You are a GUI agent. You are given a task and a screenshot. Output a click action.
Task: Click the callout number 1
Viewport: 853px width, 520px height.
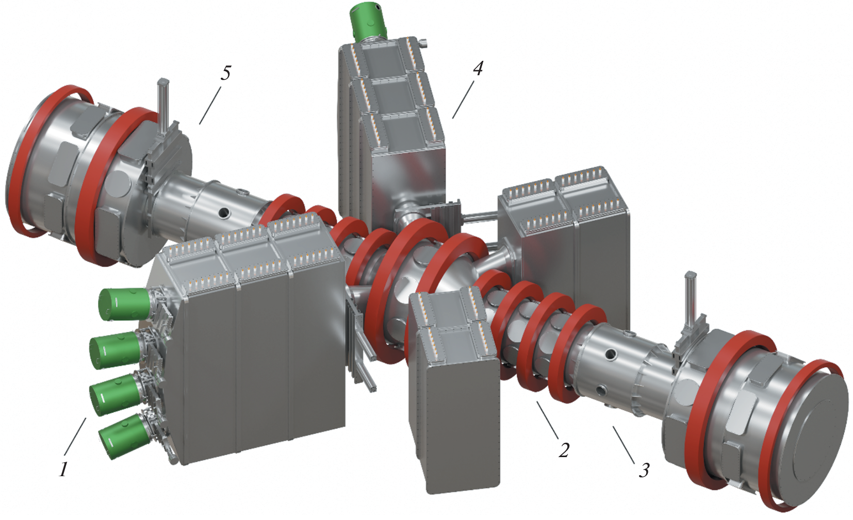coord(63,469)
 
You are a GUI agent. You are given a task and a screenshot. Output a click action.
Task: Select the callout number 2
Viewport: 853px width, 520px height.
coord(564,450)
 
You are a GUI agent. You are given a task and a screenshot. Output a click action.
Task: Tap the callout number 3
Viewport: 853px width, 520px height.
coord(644,470)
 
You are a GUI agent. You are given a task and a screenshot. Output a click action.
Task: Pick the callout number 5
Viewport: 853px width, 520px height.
coord(226,73)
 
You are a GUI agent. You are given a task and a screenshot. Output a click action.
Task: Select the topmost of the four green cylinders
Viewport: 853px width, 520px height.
coord(124,304)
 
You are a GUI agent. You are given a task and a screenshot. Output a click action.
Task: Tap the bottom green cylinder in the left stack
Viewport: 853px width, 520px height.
coord(121,436)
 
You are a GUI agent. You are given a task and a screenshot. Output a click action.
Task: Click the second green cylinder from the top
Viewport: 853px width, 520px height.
coord(115,349)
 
